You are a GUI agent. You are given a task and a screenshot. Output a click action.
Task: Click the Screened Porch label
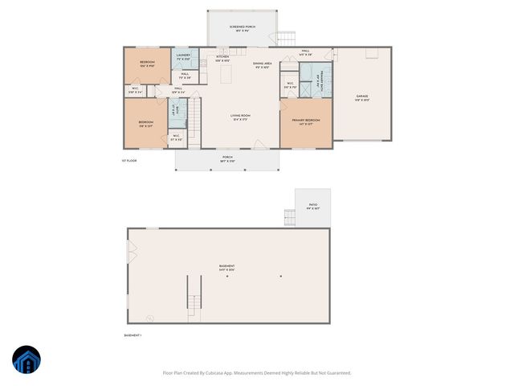[x=242, y=28]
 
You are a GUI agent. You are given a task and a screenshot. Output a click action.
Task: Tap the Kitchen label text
[x=222, y=58]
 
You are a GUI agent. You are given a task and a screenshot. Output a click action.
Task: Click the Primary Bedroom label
[x=305, y=121]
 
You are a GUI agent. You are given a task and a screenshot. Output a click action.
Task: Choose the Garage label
[x=362, y=98]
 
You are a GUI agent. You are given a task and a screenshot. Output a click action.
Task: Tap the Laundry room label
[x=182, y=57]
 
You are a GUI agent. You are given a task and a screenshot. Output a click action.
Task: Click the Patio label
[x=313, y=207]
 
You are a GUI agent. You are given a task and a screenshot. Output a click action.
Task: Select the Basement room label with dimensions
[x=229, y=267]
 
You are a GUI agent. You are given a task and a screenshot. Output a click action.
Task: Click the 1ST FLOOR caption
[x=129, y=161]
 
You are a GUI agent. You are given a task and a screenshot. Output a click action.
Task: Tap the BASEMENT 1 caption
[x=133, y=335]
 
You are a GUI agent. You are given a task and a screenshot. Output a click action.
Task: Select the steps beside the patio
[x=289, y=217]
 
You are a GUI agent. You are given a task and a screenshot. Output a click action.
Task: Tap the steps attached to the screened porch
[x=286, y=37]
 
